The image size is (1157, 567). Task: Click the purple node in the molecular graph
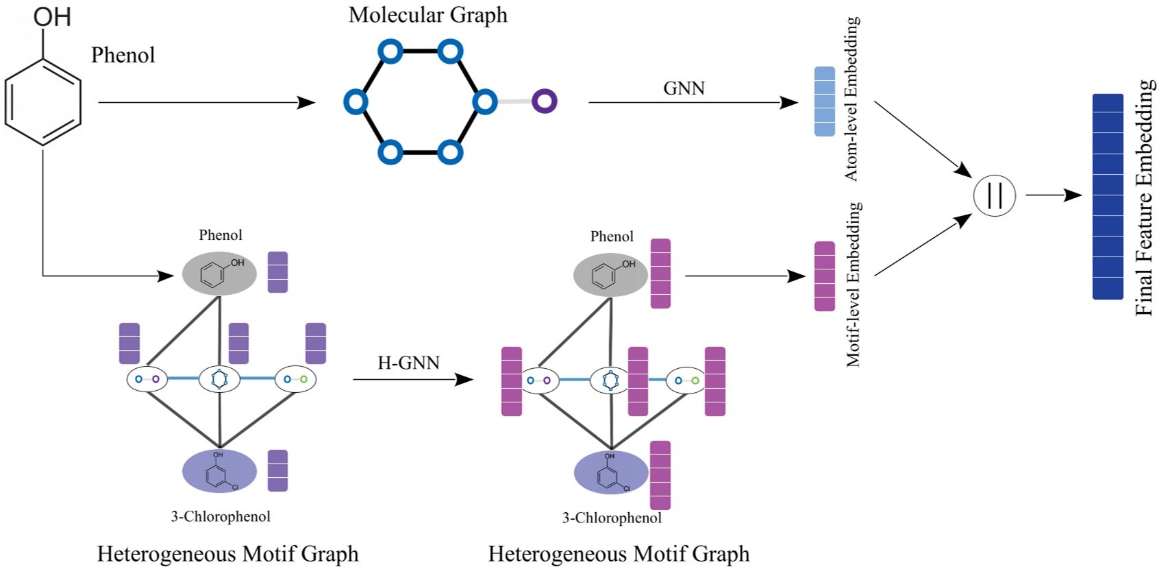545,101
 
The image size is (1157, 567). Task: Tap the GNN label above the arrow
684,88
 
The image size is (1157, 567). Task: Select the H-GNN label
408,363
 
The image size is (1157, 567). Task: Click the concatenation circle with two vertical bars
994,195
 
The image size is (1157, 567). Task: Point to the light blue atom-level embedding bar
824,101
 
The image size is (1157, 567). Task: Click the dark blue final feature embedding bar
1107,197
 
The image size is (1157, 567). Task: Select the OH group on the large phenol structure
52,16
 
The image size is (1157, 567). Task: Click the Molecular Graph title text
427,15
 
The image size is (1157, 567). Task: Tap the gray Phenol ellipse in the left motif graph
219,274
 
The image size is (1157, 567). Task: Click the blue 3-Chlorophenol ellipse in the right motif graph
610,473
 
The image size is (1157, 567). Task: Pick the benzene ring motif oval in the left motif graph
219,379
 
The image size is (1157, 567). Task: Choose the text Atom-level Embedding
851,99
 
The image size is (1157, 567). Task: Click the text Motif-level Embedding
854,285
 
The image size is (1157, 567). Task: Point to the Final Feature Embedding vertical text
1144,197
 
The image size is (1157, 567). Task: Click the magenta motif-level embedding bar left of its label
824,276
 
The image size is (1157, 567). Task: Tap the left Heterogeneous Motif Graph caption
227,553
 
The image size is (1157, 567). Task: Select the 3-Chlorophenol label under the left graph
220,516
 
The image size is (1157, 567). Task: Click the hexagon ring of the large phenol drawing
43,102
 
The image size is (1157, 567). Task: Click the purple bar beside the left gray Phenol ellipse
277,272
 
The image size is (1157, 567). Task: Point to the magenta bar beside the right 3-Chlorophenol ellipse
660,475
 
